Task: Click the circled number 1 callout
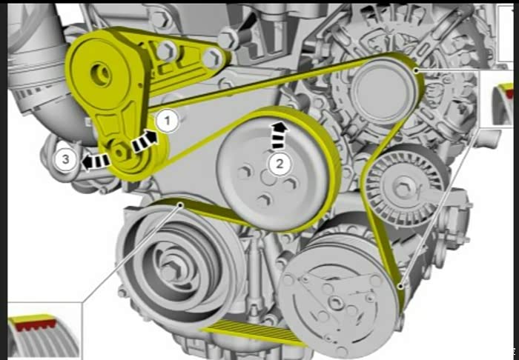[167, 121]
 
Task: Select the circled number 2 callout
[280, 163]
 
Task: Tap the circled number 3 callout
[65, 160]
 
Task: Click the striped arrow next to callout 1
[144, 141]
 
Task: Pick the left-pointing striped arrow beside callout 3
[96, 161]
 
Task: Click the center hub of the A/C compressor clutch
[337, 303]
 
